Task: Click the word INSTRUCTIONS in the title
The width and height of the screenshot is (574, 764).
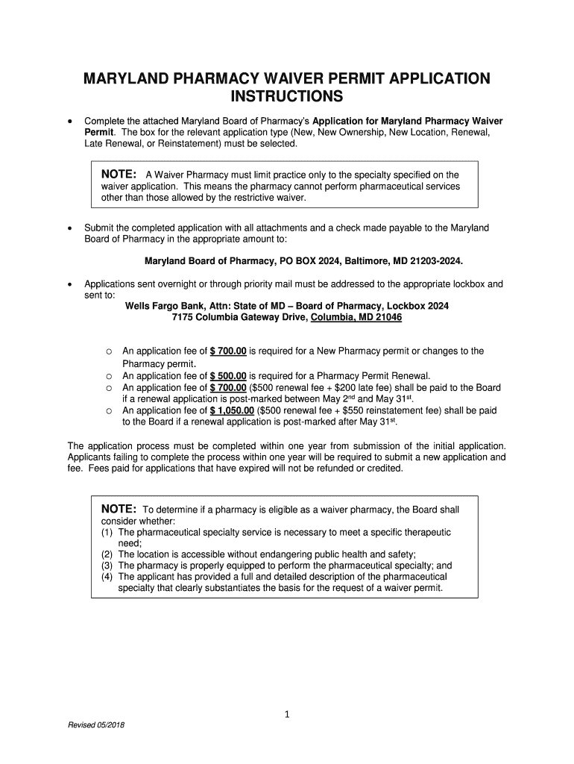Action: (x=287, y=97)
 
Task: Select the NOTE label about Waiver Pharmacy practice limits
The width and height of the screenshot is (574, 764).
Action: (x=119, y=175)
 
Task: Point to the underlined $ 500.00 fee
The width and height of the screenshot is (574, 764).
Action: (x=228, y=376)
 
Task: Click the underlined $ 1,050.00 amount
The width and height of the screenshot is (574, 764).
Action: (x=233, y=410)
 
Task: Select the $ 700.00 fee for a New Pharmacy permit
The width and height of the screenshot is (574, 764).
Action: (x=228, y=351)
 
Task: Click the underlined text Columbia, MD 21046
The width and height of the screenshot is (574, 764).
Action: (x=356, y=317)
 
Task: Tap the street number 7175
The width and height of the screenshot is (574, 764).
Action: (x=183, y=317)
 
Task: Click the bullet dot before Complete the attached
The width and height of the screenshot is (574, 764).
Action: (x=69, y=122)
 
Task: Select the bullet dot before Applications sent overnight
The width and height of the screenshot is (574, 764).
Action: (x=69, y=284)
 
